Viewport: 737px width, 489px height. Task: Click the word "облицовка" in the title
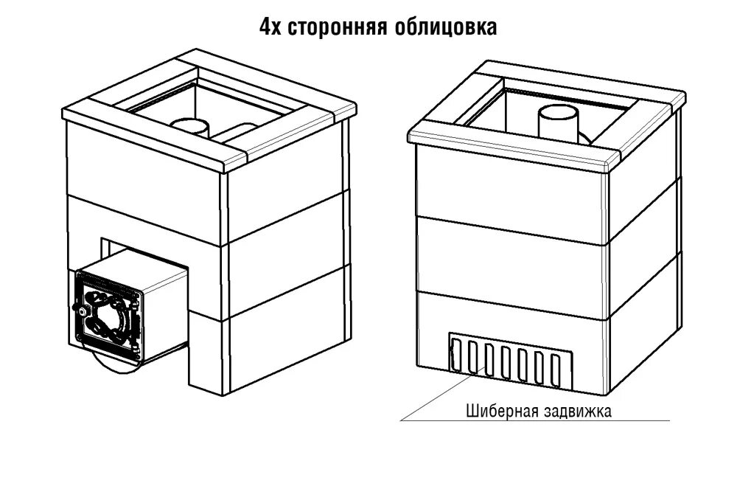(436, 27)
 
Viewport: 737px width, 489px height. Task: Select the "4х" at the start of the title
(270, 27)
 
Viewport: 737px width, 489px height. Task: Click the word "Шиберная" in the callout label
(497, 410)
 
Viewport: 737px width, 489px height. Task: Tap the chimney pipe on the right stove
(557, 123)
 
